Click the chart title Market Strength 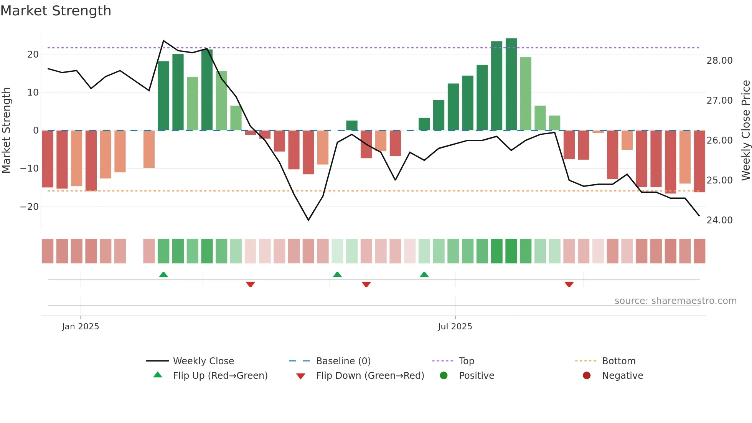(56, 11)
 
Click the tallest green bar (511, 84)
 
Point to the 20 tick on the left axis (33, 54)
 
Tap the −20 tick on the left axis (30, 207)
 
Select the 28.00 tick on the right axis (719, 60)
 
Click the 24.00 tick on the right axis (719, 220)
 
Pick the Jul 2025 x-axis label (455, 326)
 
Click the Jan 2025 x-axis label (80, 326)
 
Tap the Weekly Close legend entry (203, 361)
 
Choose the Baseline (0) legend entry (343, 361)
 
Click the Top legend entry (466, 361)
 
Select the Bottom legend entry (618, 361)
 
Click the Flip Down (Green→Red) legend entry (370, 375)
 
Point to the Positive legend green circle (444, 375)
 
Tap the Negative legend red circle (587, 375)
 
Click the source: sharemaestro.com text (675, 301)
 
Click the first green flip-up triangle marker (163, 274)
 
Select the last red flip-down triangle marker (569, 284)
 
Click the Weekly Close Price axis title (745, 130)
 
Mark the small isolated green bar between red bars (352, 126)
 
